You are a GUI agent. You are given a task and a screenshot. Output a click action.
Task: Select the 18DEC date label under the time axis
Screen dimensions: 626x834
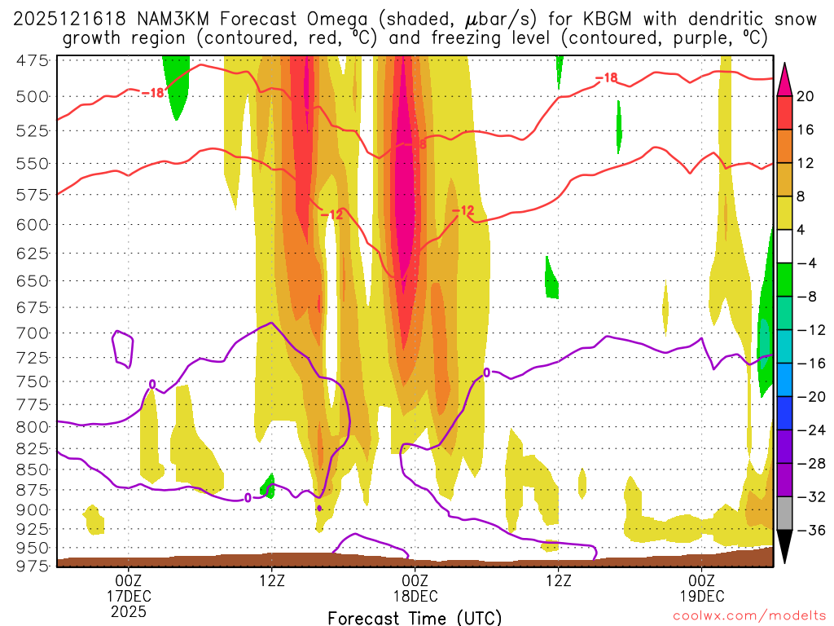pyautogui.click(x=415, y=595)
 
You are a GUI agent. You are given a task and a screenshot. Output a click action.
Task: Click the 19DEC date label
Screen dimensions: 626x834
pyautogui.click(x=702, y=595)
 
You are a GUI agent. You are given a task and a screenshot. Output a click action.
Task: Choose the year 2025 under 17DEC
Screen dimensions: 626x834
pyautogui.click(x=129, y=611)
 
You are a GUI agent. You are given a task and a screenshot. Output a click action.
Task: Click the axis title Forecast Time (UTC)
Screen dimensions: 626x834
pyautogui.click(x=415, y=618)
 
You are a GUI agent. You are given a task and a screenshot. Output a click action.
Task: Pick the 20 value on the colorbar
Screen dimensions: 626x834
pyautogui.click(x=805, y=96)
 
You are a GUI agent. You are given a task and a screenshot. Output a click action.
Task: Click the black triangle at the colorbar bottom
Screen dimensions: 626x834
pyautogui.click(x=785, y=547)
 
